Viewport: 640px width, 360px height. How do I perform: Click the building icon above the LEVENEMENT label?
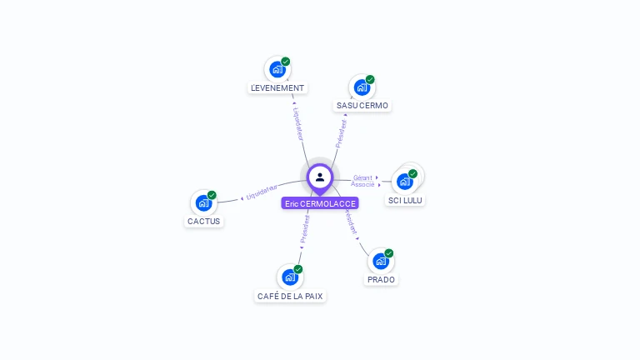[277, 69]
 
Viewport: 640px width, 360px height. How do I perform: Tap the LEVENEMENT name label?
[277, 87]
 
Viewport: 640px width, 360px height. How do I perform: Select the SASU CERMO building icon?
[361, 87]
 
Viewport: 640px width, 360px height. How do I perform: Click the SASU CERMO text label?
[362, 106]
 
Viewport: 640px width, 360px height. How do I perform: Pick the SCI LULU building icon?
[404, 181]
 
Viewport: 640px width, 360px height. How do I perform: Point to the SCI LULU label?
[406, 200]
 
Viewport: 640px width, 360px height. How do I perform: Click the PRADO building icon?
[380, 261]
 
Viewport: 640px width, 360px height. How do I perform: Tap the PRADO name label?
[381, 279]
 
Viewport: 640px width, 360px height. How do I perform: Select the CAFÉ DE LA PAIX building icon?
[289, 277]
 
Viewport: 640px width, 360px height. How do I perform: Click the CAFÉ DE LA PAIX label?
[290, 296]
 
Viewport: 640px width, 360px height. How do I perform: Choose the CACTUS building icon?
[203, 202]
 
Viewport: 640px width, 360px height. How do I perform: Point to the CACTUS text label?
[204, 221]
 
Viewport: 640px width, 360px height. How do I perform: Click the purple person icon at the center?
[319, 177]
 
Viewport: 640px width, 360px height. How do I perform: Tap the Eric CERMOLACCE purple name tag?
[320, 203]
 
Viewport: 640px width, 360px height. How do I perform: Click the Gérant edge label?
[362, 177]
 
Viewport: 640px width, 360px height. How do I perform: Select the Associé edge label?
[362, 184]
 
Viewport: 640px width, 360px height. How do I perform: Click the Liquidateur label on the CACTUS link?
[262, 193]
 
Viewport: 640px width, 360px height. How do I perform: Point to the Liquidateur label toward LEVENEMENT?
[297, 122]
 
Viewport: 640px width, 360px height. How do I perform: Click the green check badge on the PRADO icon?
[389, 253]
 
